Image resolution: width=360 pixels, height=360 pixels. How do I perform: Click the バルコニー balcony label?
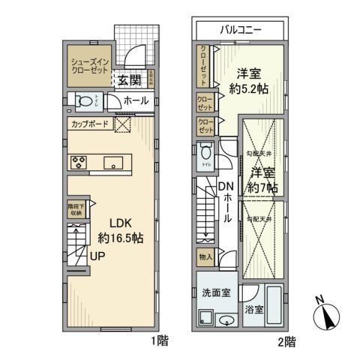(240, 31)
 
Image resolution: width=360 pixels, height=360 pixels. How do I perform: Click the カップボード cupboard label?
(91, 124)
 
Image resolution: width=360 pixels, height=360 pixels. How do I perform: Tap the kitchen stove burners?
(80, 162)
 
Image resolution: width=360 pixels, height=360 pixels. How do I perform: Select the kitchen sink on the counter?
(115, 162)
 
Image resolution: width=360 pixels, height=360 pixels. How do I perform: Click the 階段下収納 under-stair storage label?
(76, 211)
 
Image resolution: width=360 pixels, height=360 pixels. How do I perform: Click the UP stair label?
(97, 256)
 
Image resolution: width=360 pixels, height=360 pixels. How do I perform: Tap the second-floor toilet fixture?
(207, 154)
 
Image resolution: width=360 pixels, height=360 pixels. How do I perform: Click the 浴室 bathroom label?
(253, 308)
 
